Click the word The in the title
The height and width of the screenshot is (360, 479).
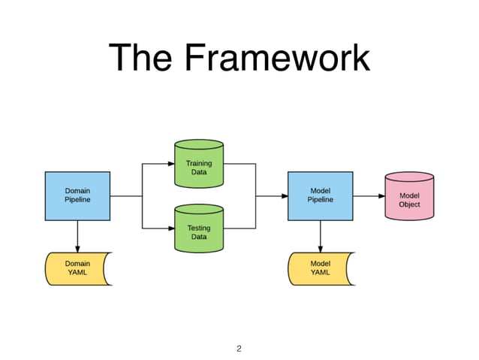tap(140, 59)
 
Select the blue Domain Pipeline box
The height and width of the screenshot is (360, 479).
tap(77, 195)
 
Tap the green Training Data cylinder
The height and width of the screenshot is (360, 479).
tap(198, 163)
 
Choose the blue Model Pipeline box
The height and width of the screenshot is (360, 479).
tap(320, 195)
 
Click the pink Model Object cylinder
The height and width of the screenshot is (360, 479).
tap(409, 196)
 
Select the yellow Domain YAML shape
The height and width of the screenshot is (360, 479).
tap(77, 268)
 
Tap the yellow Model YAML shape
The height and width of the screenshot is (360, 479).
tap(320, 268)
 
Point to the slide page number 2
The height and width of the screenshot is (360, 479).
tap(239, 348)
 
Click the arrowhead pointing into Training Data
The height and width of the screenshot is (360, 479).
tap(170, 163)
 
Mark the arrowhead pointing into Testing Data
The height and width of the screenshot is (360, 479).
tap(170, 228)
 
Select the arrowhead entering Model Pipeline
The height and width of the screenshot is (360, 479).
tap(284, 196)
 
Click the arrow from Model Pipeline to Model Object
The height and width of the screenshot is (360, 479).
tap(369, 196)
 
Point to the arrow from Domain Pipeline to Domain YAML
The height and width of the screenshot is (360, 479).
tap(77, 236)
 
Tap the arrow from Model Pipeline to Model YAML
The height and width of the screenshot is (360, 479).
tap(321, 236)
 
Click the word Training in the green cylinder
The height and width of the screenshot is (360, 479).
tap(199, 163)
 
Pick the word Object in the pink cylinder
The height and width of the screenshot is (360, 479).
tap(409, 204)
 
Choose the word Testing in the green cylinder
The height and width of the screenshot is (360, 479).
tap(199, 228)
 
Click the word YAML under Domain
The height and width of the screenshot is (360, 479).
tap(77, 273)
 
